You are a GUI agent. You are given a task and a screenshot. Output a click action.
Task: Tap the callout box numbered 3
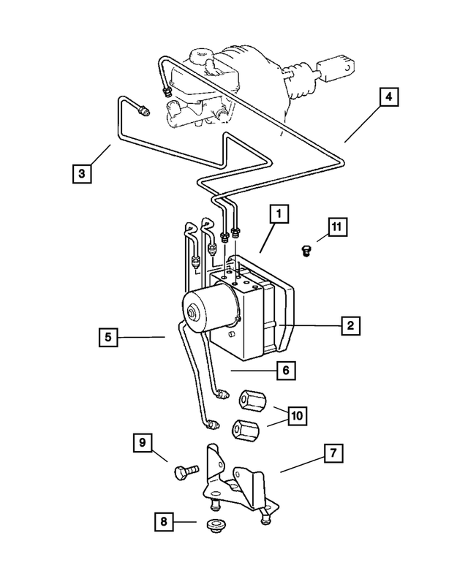click(x=82, y=174)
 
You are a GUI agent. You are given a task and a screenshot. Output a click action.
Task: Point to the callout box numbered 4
click(x=389, y=97)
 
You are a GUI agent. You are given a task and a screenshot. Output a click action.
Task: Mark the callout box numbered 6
click(x=285, y=371)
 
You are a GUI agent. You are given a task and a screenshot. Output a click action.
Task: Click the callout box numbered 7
click(x=332, y=454)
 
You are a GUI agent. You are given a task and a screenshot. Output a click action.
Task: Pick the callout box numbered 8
click(x=164, y=522)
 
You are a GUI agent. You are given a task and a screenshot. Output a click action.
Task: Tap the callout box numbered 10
click(x=296, y=416)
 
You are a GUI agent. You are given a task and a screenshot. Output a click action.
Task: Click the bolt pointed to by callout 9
click(x=182, y=472)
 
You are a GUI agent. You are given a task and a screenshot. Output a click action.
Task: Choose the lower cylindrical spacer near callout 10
click(x=244, y=431)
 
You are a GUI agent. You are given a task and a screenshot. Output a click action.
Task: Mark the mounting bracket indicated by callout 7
click(x=238, y=482)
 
